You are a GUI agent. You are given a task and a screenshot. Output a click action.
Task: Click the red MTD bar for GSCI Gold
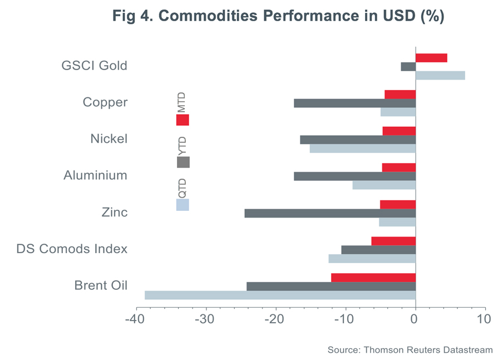[431, 58]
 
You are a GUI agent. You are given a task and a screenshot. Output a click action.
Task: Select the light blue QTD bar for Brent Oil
[280, 295]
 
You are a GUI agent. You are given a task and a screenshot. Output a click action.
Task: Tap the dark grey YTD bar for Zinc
[330, 213]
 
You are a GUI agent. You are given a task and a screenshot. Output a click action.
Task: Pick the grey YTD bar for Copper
[354, 103]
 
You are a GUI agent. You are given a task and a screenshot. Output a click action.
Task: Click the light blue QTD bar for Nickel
[362, 149]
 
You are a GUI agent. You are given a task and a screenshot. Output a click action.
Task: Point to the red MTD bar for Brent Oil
[373, 278]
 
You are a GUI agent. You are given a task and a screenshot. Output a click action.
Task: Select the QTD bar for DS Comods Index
[372, 259]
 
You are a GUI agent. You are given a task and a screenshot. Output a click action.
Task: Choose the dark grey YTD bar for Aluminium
[354, 176]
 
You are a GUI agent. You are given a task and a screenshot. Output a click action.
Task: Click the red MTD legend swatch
[183, 120]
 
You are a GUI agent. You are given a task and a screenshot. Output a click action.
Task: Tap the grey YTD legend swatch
[183, 162]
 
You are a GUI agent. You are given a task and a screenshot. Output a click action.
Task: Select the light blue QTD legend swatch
[183, 205]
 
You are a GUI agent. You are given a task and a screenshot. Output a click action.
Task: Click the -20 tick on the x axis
[276, 321]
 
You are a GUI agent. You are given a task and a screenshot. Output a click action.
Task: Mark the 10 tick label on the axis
[485, 321]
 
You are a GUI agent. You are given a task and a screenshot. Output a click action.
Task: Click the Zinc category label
[115, 213]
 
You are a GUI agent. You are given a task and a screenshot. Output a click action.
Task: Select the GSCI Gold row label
[94, 66]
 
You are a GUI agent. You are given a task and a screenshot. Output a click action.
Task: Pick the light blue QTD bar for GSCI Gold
[440, 76]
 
